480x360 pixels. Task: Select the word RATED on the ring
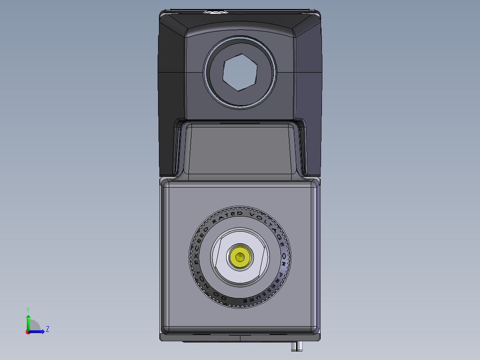pos(228,216)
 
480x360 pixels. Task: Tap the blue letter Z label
pos(47,329)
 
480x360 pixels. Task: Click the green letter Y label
pos(28,309)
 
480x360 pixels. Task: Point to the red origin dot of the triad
pos(28,332)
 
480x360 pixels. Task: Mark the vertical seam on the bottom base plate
pos(240,338)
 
